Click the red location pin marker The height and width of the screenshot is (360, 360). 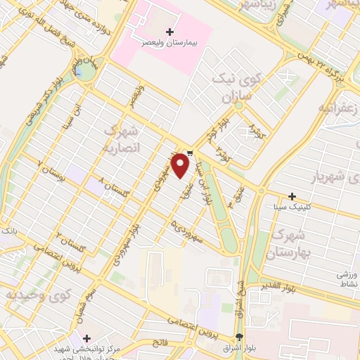181,165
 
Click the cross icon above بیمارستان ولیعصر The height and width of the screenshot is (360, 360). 169,32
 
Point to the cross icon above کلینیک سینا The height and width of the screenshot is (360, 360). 292,196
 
